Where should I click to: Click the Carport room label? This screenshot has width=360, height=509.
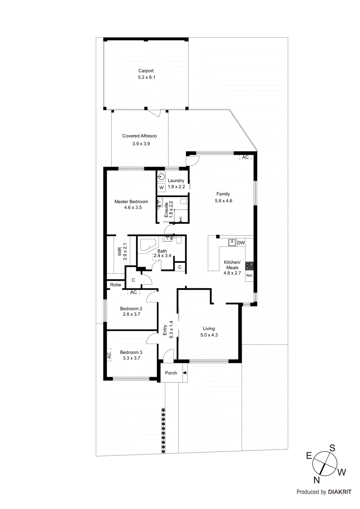click(146, 71)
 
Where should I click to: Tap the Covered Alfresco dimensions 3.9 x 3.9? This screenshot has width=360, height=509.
click(141, 144)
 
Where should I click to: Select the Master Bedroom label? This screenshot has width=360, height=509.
click(131, 202)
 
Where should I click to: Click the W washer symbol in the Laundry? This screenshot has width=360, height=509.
click(161, 188)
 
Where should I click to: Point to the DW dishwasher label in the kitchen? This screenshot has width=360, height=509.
click(241, 243)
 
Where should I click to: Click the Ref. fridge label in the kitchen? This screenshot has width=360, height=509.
click(249, 275)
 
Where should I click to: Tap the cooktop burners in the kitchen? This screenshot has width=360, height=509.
click(249, 266)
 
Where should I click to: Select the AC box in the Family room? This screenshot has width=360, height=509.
click(245, 157)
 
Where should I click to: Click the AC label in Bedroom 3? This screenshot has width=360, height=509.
click(109, 355)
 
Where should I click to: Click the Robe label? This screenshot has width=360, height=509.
click(116, 285)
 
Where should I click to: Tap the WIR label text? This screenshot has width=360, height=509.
click(120, 252)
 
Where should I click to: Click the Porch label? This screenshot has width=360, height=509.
click(171, 373)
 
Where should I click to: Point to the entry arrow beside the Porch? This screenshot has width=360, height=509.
click(185, 373)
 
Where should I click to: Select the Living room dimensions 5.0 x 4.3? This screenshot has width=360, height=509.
click(209, 335)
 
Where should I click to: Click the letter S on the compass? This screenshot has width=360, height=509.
click(332, 448)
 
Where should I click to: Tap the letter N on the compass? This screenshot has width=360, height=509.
click(316, 480)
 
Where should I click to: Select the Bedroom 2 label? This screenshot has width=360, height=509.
click(131, 309)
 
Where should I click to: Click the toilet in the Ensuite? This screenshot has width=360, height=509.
click(184, 201)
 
